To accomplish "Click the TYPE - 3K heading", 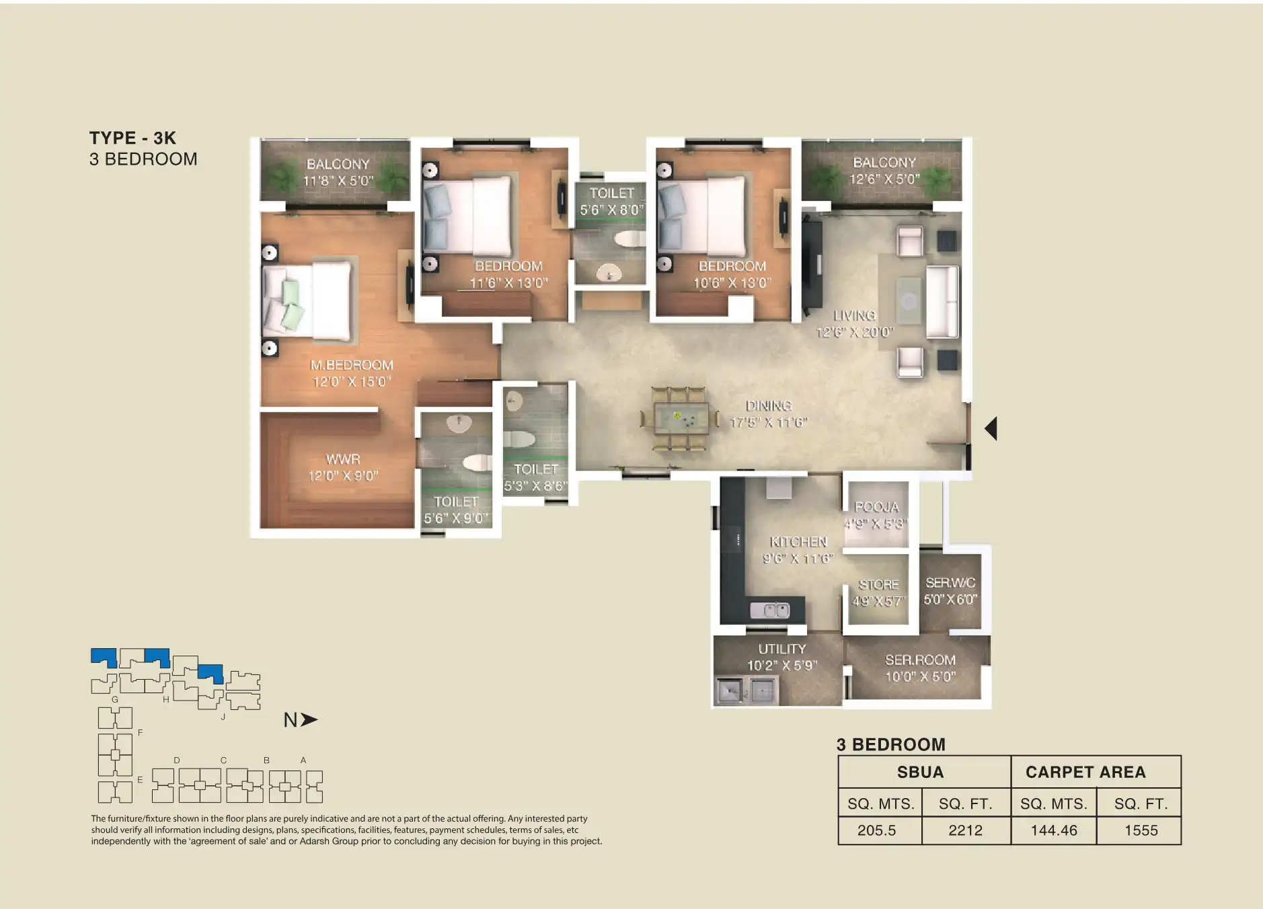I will click(132, 138).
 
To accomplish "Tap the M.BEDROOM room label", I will click(352, 366).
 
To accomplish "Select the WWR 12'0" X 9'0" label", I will click(343, 468).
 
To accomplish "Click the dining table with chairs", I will click(680, 418).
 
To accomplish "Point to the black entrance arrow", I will click(991, 428).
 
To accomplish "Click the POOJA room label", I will click(876, 508).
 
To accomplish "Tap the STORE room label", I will click(878, 585).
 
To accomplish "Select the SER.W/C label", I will click(950, 583).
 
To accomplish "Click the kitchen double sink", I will click(770, 610).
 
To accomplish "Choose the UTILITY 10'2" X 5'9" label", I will click(781, 658).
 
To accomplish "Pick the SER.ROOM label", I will click(920, 660).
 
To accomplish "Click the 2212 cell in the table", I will click(965, 830).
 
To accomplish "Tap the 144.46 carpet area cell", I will click(1053, 830).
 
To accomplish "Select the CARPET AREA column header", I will click(1085, 772).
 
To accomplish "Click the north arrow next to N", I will click(309, 720).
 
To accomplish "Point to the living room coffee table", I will click(909, 301).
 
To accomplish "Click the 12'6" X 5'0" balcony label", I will click(884, 180).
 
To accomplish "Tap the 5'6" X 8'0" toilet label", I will click(611, 210).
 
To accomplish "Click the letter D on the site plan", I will click(177, 760).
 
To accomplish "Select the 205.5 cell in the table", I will click(876, 830).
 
